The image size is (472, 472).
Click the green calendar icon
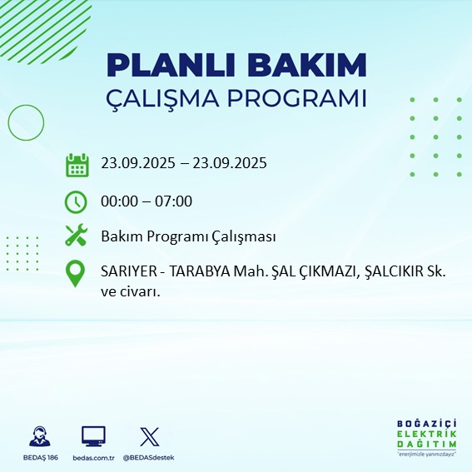pyautogui.click(x=77, y=164)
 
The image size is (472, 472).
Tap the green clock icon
pyautogui.click(x=77, y=201)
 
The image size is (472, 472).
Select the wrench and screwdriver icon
pyautogui.click(x=77, y=237)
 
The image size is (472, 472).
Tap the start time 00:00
pyautogui.click(x=119, y=201)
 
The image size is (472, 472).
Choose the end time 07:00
pyautogui.click(x=174, y=201)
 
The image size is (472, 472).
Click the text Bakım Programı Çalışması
pyautogui.click(x=188, y=237)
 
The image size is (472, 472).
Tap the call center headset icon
pyautogui.click(x=37, y=436)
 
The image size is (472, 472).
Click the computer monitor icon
pyautogui.click(x=93, y=436)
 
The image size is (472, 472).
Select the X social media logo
pyautogui.click(x=149, y=436)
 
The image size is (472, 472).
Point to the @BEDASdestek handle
pyautogui.click(x=149, y=458)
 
